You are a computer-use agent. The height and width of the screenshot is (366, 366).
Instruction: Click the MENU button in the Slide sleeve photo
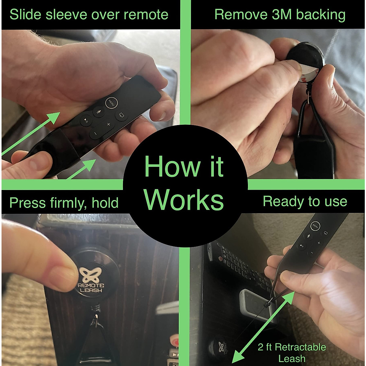(111, 103)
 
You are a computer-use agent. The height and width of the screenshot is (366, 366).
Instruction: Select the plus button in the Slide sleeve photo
(108, 124)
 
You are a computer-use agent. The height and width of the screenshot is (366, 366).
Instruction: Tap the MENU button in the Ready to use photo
(315, 226)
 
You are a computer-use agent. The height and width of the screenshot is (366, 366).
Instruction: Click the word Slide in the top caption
(26, 15)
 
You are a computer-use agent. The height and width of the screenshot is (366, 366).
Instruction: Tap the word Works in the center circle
(184, 200)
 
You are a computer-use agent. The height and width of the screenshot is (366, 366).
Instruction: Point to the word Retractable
(300, 347)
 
